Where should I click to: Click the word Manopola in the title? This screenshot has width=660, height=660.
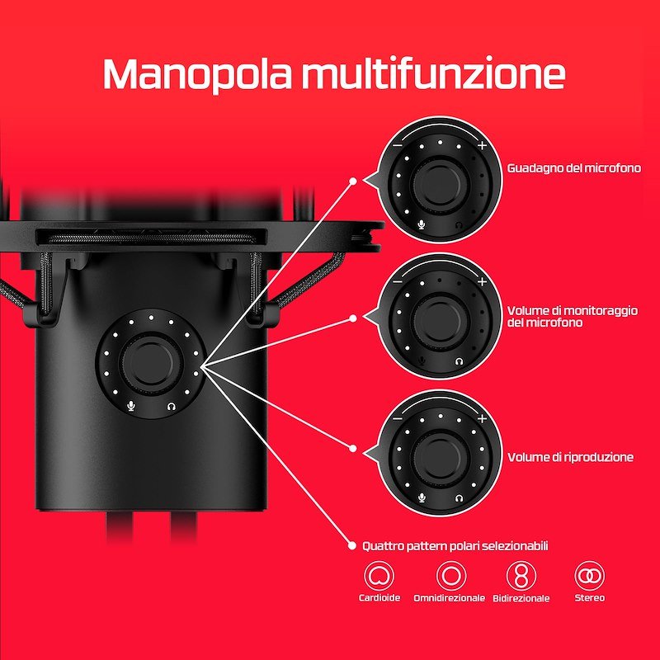(x=197, y=73)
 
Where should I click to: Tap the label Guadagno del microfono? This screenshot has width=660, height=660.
(x=573, y=168)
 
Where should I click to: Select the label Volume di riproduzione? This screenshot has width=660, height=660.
(x=570, y=457)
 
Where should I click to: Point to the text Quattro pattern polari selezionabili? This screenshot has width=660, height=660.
(x=455, y=546)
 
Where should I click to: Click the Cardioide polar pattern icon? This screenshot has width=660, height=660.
(x=379, y=575)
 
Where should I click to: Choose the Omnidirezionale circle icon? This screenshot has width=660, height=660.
(x=450, y=575)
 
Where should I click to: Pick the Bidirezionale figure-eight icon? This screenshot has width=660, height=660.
(x=521, y=575)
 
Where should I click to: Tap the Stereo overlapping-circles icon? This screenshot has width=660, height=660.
(x=589, y=575)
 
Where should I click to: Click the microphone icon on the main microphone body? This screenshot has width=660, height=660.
(x=132, y=406)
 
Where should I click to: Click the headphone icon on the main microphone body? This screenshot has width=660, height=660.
(x=172, y=406)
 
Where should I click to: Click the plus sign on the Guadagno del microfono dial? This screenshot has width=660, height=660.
(x=483, y=146)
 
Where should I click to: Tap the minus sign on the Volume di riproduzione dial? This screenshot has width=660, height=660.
(x=398, y=418)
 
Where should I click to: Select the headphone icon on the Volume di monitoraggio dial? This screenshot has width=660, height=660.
(x=460, y=361)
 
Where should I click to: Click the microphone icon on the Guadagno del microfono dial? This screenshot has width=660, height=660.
(x=422, y=224)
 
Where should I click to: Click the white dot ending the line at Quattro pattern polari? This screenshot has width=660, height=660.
(x=352, y=546)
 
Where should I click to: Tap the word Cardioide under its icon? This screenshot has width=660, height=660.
(x=379, y=597)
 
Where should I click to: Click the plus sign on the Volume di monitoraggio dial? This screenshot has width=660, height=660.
(x=483, y=281)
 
